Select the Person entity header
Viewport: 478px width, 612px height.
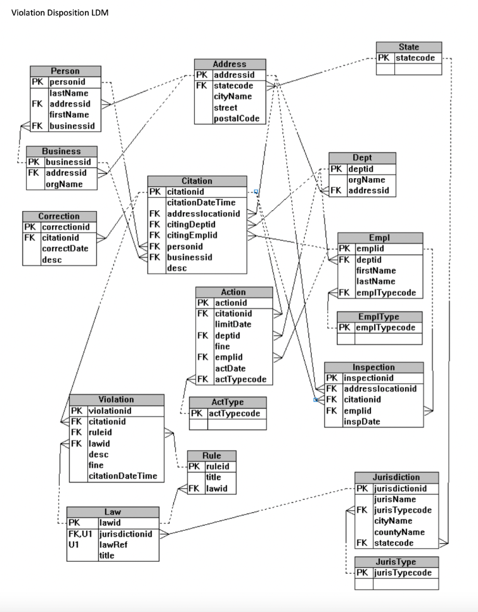point(65,71)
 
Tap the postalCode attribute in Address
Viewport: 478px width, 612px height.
point(237,118)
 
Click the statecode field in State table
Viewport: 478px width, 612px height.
point(415,58)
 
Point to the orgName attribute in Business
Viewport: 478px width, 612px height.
point(64,184)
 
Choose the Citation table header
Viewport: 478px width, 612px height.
point(197,180)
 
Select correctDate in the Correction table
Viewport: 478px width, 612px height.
point(63,249)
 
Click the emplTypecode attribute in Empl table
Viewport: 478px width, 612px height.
point(385,293)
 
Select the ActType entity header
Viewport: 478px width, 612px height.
point(228,403)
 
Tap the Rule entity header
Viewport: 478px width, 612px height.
point(212,455)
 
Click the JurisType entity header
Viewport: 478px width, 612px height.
point(397,562)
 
